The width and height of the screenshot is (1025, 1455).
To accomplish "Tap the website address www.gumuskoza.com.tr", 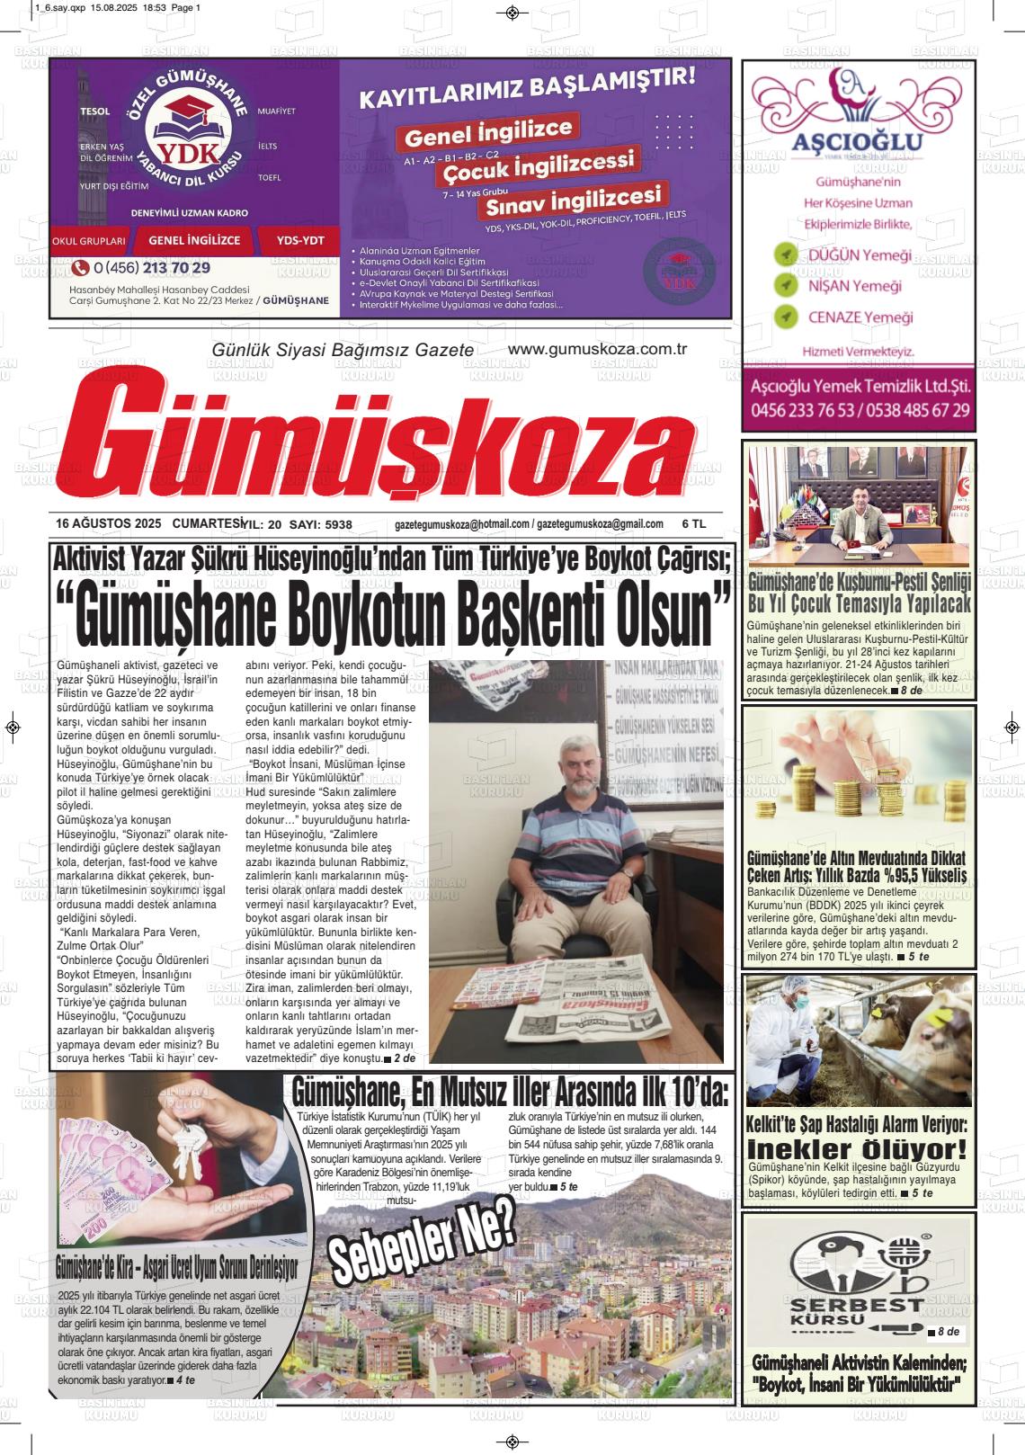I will pyautogui.click(x=597, y=349).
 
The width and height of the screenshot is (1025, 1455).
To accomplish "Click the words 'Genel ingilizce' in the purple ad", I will pyautogui.click(x=488, y=132).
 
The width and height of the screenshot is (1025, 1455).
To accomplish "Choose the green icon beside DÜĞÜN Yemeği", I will pyautogui.click(x=787, y=254).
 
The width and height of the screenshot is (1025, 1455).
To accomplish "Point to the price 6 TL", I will pyautogui.click(x=694, y=524).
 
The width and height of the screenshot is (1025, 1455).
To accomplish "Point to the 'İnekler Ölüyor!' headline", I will pyautogui.click(x=857, y=1150).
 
